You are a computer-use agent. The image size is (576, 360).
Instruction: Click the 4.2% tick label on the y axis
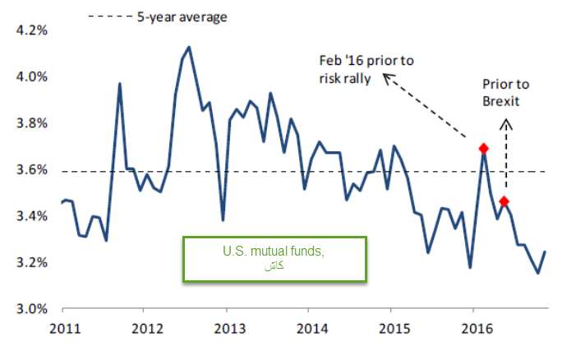tap(31, 30)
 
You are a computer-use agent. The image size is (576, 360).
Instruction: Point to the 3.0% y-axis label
tap(31, 309)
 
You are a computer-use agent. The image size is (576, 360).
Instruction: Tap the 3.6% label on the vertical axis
tap(31, 169)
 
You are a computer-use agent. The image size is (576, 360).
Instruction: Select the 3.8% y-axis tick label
tap(31, 123)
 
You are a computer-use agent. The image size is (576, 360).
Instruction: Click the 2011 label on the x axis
tap(65, 329)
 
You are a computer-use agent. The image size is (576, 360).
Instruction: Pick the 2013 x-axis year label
tap(230, 329)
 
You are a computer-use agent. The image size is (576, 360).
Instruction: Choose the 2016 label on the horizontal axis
tap(477, 329)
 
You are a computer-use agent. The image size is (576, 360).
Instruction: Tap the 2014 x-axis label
tap(312, 329)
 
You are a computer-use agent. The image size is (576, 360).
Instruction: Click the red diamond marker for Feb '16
tap(483, 149)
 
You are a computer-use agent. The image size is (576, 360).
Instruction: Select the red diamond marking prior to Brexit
tap(504, 201)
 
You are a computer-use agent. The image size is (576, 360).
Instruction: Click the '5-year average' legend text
tap(182, 17)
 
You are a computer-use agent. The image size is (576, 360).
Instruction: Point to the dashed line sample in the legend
tap(110, 16)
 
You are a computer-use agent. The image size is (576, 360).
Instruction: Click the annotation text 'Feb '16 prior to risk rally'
tap(366, 70)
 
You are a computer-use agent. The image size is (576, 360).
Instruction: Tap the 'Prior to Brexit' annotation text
tap(506, 93)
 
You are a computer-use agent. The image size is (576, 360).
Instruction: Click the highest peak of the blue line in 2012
tap(189, 47)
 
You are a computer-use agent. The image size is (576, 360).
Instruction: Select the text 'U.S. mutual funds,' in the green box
tap(274, 252)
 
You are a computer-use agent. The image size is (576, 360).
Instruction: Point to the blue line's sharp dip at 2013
tap(223, 219)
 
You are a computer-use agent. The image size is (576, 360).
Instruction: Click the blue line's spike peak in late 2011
tap(120, 84)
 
